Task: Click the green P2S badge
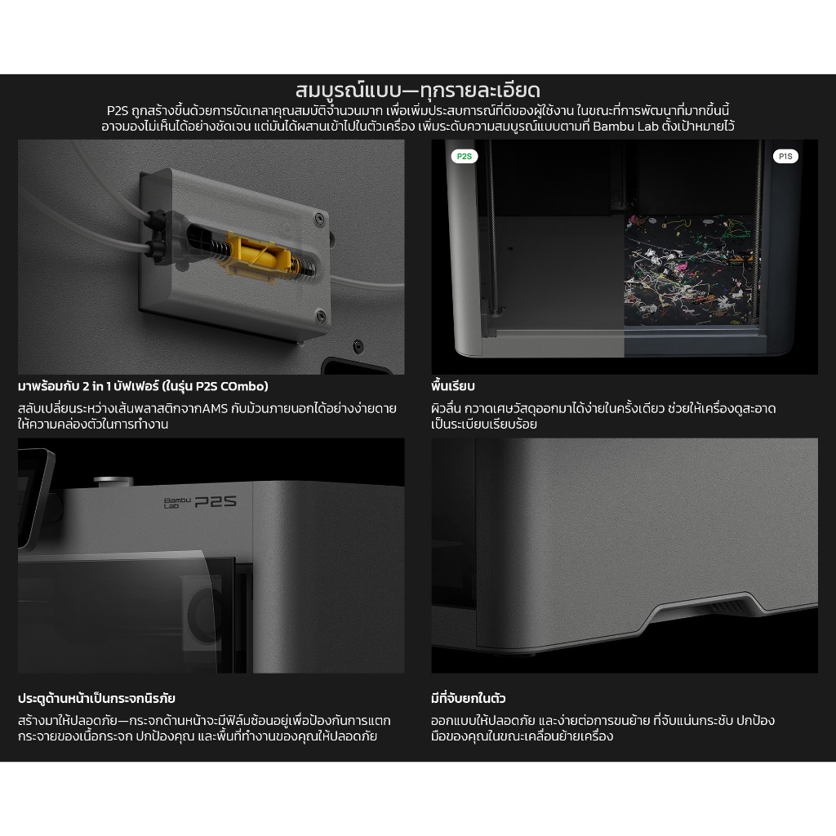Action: pyautogui.click(x=465, y=156)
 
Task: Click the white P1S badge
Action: pyautogui.click(x=785, y=156)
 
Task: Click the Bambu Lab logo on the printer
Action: pyautogui.click(x=176, y=502)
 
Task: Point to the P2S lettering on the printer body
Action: pyautogui.click(x=216, y=501)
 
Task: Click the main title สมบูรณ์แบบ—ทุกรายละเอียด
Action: pyautogui.click(x=418, y=90)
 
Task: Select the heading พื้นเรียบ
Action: pyautogui.click(x=452, y=385)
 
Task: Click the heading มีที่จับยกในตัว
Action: pyautogui.click(x=468, y=698)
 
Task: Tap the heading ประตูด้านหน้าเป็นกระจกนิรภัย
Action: pyautogui.click(x=96, y=698)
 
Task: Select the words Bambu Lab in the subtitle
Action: pyautogui.click(x=626, y=127)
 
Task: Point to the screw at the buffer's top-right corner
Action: pyautogui.click(x=319, y=219)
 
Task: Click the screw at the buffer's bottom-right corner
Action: pyautogui.click(x=320, y=316)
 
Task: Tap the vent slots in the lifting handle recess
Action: pyautogui.click(x=727, y=607)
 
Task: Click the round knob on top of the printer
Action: pyautogui.click(x=113, y=482)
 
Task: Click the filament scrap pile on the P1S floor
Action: pyautogui.click(x=691, y=269)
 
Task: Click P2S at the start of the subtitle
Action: pyautogui.click(x=118, y=111)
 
